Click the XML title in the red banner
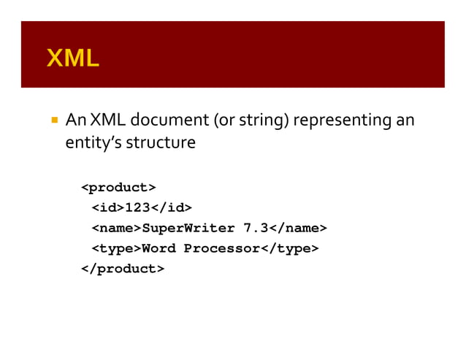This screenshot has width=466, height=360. click(x=72, y=58)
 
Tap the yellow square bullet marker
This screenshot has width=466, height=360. click(x=54, y=118)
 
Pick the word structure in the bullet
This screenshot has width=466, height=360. click(x=161, y=142)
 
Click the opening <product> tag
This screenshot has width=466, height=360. click(x=118, y=188)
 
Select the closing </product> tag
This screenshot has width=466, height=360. click(x=123, y=269)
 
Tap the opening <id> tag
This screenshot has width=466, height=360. click(x=107, y=208)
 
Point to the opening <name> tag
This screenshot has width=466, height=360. click(x=116, y=229)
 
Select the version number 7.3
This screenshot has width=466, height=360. click(x=256, y=229)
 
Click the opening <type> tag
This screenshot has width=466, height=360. click(x=116, y=248)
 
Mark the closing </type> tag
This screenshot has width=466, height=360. click(x=290, y=248)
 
